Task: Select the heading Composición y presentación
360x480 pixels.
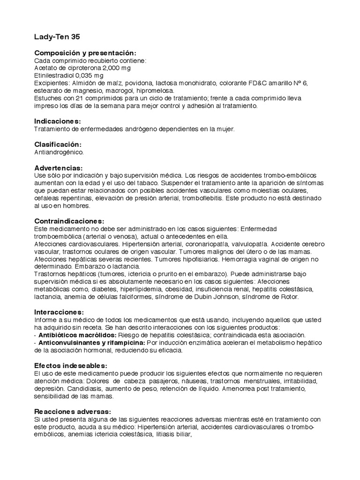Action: [86, 53]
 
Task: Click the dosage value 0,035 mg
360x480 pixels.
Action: [92, 75]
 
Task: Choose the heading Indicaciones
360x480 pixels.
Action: [58, 121]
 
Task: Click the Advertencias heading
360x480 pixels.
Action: [59, 167]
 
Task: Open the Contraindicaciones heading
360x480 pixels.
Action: [70, 221]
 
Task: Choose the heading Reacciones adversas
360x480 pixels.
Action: [72, 411]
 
